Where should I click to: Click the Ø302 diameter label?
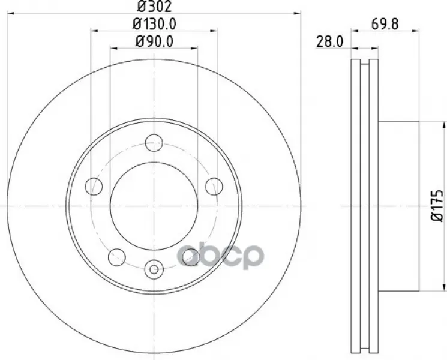pos(154,7)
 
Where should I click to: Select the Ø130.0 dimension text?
pos(154,24)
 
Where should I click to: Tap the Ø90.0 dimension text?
pos(154,41)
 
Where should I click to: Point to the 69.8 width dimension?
pos(385,24)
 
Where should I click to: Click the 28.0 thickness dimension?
pos(329,42)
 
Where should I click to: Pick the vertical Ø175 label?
pos(437,206)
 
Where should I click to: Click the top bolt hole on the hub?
pos(154,143)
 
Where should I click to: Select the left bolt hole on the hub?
pos(94,187)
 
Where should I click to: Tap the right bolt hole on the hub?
pos(214,187)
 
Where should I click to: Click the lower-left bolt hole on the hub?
pos(117,257)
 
